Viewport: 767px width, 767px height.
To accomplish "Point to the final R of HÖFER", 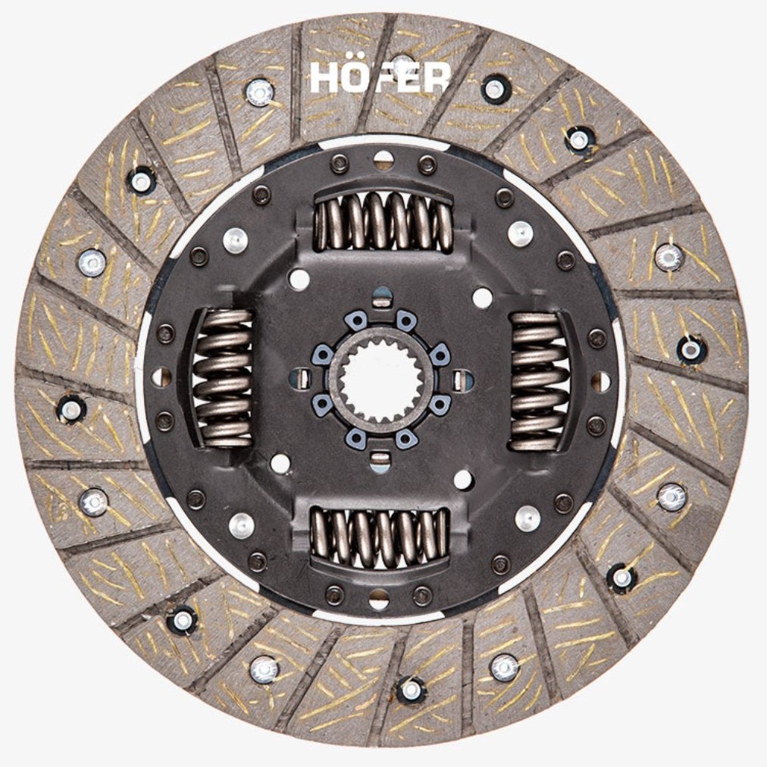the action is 437,78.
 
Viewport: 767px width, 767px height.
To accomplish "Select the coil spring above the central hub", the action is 383,221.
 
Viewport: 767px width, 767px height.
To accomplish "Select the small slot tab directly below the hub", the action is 380,461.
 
